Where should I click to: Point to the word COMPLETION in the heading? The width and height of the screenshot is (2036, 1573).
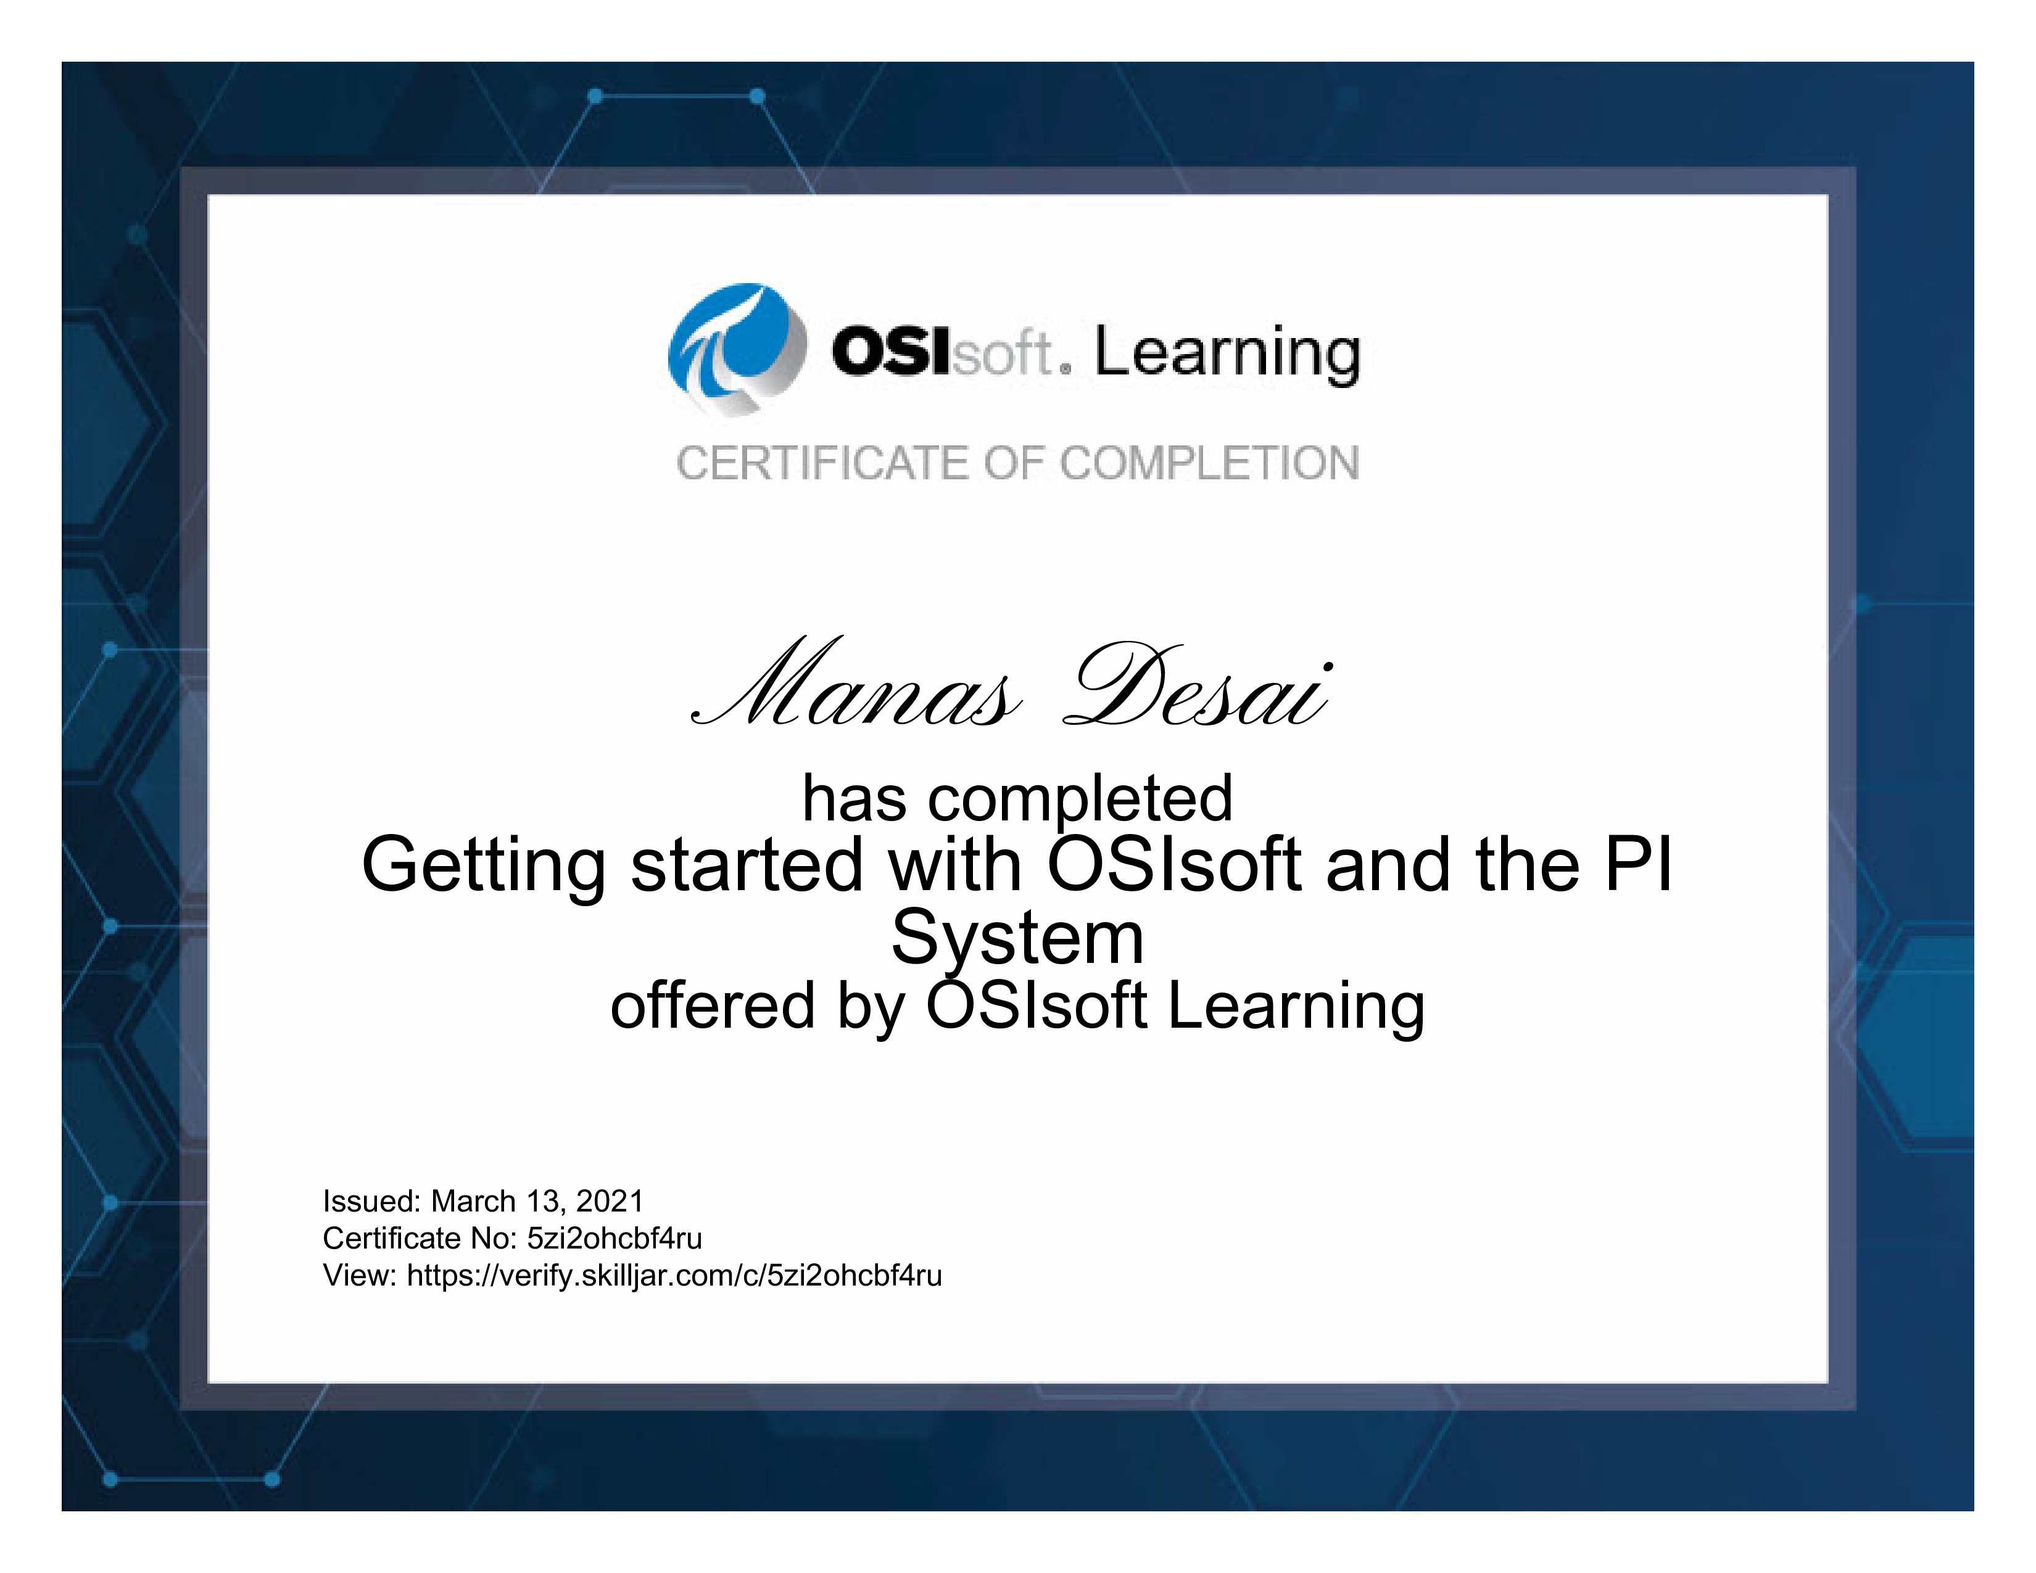pyautogui.click(x=1209, y=463)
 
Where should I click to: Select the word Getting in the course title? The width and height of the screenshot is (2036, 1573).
pyautogui.click(x=484, y=867)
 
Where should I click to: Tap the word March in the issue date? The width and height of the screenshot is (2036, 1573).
pyautogui.click(x=474, y=1201)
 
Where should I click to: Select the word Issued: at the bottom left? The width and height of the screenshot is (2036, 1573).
pyautogui.click(x=372, y=1201)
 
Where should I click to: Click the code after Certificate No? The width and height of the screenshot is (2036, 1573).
pyautogui.click(x=615, y=1239)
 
